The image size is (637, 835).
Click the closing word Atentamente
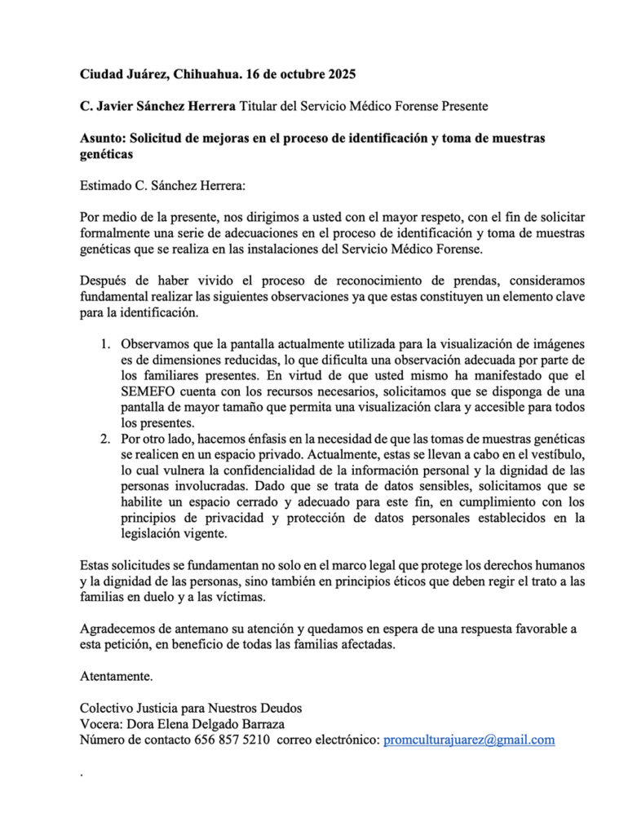click(116, 676)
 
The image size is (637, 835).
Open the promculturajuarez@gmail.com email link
click(469, 740)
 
